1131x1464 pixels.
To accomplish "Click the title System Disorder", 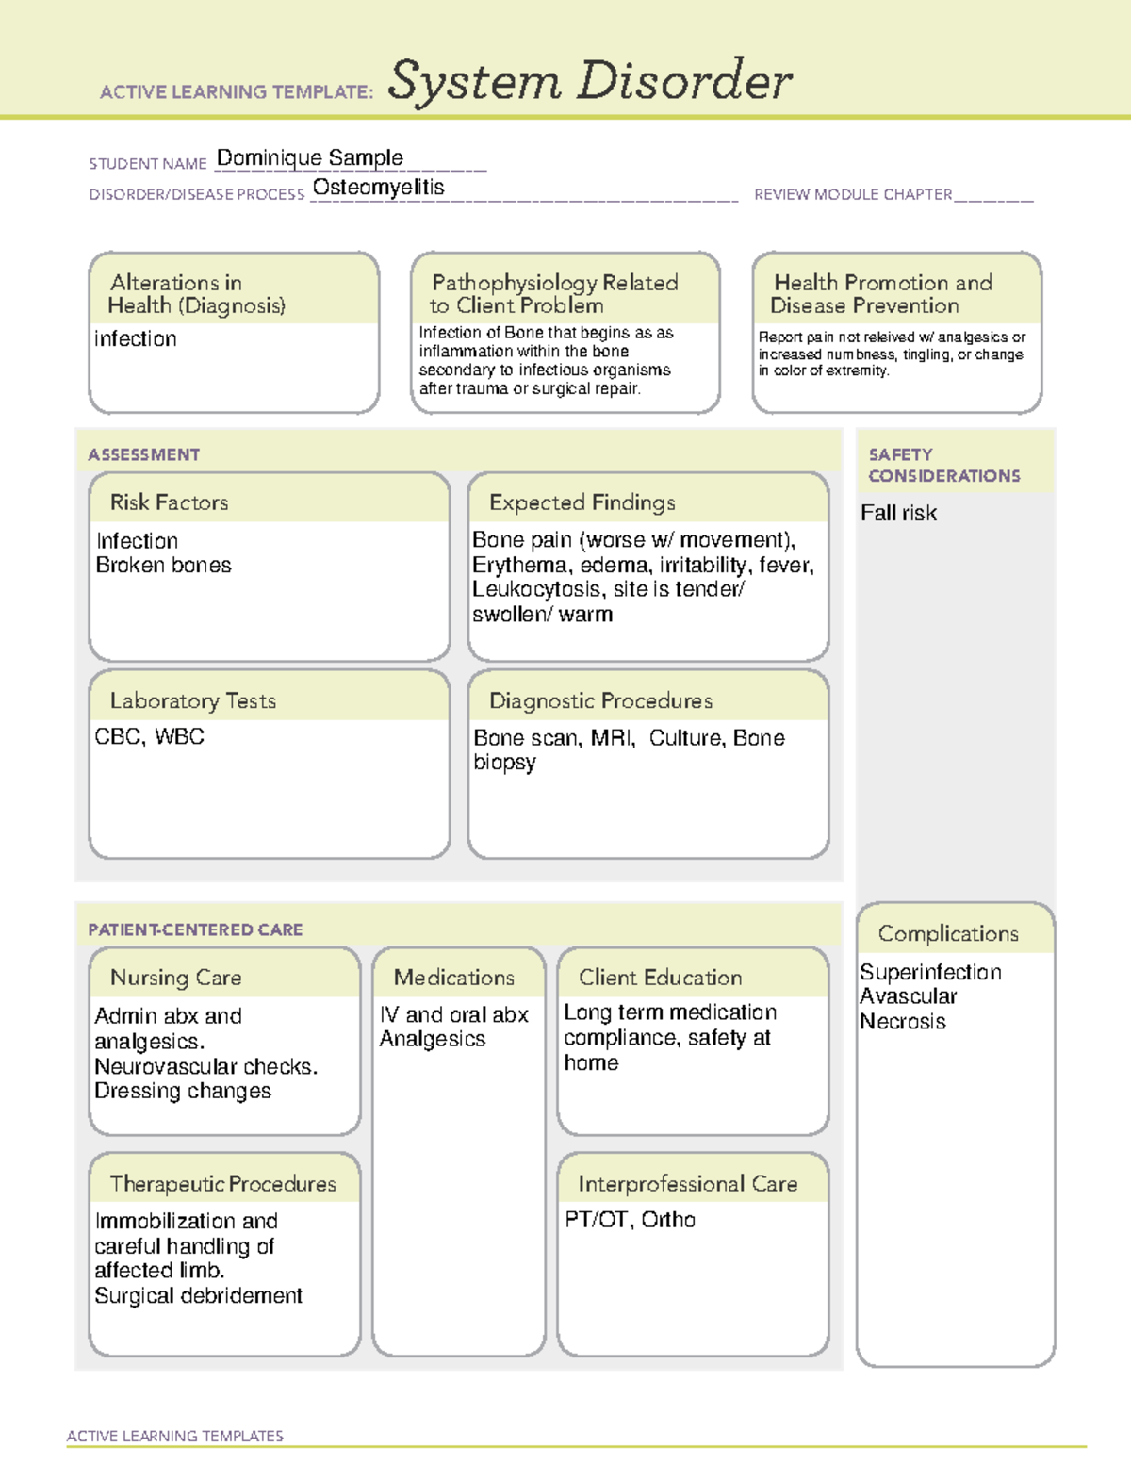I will (x=590, y=81).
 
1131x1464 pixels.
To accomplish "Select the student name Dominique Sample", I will (x=309, y=157).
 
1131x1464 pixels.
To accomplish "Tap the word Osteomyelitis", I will (x=378, y=188).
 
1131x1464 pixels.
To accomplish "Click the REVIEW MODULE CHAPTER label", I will (x=852, y=194).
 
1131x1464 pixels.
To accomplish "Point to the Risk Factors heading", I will (x=169, y=502).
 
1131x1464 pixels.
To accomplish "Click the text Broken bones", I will (x=163, y=566).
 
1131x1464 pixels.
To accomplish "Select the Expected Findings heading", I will (x=582, y=502).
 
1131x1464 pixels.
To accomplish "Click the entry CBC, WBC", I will (x=149, y=736).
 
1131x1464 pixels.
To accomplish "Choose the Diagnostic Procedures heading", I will (x=600, y=700).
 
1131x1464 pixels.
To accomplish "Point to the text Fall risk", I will (x=898, y=514).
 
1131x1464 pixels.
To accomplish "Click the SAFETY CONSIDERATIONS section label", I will (x=943, y=465).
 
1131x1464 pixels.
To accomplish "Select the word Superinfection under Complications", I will (x=930, y=972).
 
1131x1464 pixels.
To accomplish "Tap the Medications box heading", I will (x=453, y=978).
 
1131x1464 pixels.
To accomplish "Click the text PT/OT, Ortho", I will (x=630, y=1220).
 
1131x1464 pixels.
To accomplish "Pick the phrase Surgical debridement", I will (x=198, y=1296).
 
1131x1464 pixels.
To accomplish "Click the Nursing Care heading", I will (x=175, y=978).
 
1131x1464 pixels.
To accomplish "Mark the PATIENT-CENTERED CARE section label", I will (x=195, y=929).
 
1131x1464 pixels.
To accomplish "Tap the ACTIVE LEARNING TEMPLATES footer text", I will (x=174, y=1436).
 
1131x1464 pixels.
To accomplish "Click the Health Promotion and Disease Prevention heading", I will (x=882, y=294).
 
